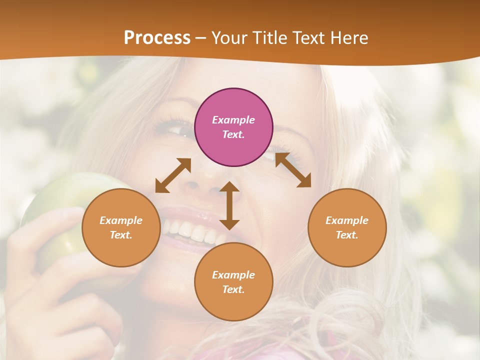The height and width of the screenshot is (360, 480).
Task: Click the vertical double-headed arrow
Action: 229,205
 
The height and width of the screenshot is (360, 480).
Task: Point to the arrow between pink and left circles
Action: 173,175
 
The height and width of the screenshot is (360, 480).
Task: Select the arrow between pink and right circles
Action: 293,170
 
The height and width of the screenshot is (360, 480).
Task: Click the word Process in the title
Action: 157,37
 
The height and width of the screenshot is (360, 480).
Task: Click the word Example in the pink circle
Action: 233,120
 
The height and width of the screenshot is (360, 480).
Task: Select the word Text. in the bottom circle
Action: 233,289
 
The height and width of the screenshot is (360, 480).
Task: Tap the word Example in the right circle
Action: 347,220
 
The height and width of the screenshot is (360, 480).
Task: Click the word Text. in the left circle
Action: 121,235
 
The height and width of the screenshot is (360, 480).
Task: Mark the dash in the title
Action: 200,38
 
